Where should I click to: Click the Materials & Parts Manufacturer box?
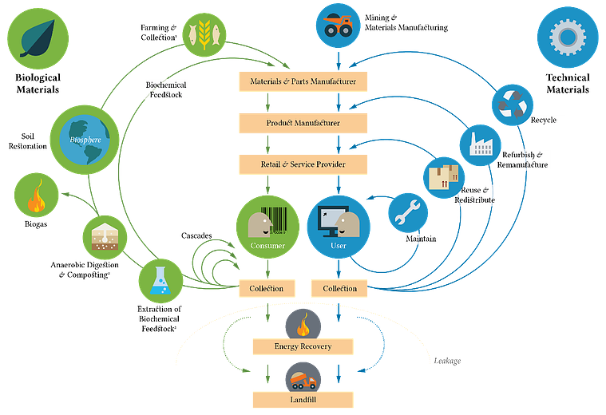[x=303, y=81]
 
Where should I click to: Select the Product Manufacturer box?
[x=303, y=123]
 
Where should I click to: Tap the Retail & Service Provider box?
[x=303, y=164]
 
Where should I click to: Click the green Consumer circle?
[x=267, y=227]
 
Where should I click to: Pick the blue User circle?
[x=339, y=227]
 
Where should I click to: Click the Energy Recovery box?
[x=303, y=346]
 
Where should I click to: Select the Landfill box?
[x=303, y=400]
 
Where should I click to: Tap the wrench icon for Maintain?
[x=408, y=213]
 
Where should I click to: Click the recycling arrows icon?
[x=513, y=105]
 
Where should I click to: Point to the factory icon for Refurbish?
[x=481, y=145]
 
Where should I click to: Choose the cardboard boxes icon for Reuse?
[x=444, y=177]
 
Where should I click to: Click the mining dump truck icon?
[x=339, y=26]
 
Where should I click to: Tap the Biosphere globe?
[x=85, y=140]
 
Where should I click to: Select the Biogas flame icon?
[x=37, y=196]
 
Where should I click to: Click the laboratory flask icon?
[x=160, y=281]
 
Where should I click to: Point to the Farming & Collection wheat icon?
[x=204, y=35]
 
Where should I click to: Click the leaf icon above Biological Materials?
[x=38, y=38]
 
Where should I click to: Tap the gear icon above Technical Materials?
[x=568, y=37]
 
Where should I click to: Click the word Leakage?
[x=447, y=361]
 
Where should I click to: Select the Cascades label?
[x=196, y=235]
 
